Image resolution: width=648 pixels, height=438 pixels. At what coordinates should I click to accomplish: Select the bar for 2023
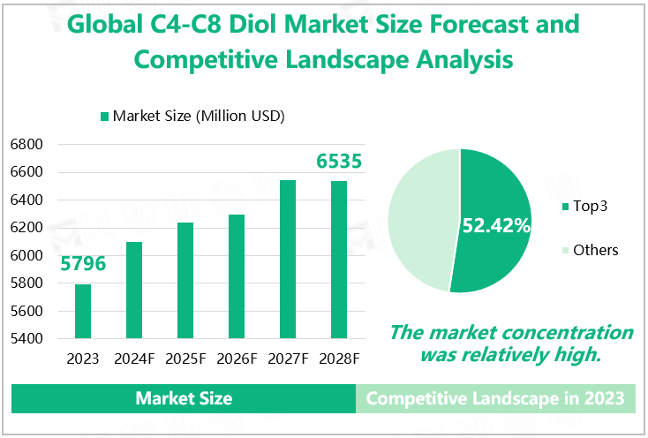click(x=82, y=311)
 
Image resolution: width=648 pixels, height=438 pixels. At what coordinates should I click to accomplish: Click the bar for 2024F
click(x=134, y=290)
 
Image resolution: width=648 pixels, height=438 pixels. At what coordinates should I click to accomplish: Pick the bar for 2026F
click(x=237, y=276)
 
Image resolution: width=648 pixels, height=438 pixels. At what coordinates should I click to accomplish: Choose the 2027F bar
click(x=288, y=259)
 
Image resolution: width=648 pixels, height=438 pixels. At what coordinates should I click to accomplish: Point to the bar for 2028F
click(x=339, y=260)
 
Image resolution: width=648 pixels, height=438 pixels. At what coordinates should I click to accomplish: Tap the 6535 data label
click(x=340, y=162)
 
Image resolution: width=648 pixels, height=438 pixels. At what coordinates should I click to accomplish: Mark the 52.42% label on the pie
click(x=496, y=225)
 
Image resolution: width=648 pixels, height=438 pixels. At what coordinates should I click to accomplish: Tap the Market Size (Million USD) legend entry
click(x=192, y=116)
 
